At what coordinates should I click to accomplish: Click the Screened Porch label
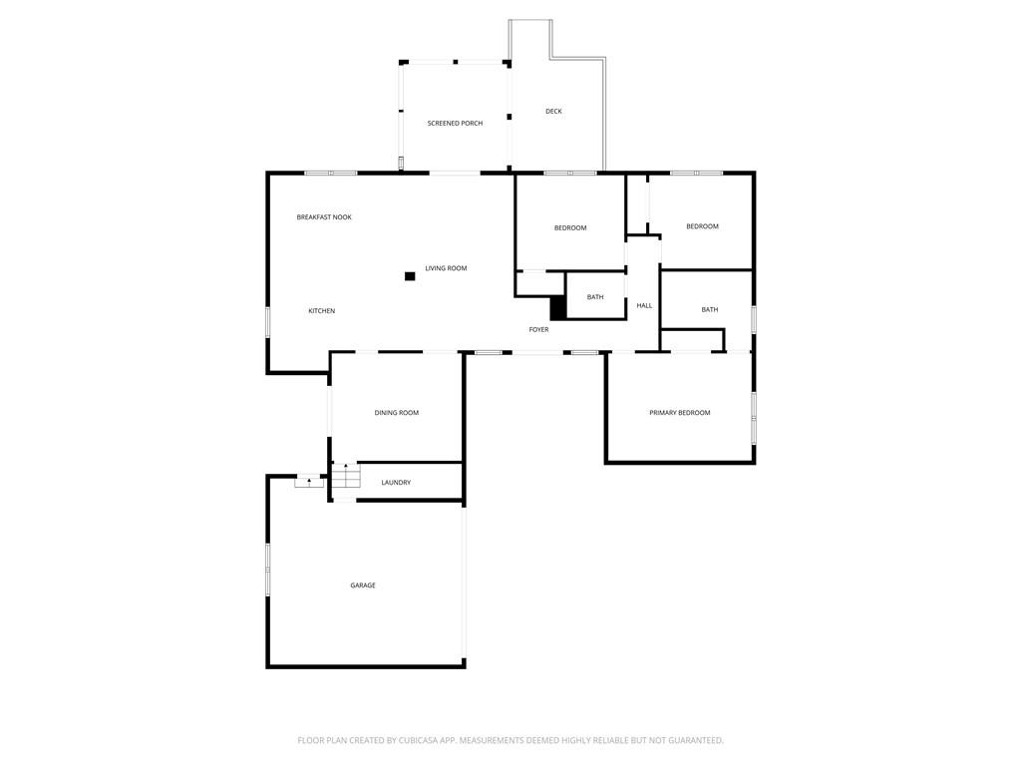[455, 123]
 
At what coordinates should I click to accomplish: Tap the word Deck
[553, 112]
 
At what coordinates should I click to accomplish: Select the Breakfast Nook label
[324, 216]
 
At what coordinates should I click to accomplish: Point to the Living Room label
[446, 268]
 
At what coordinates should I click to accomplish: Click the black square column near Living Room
[410, 276]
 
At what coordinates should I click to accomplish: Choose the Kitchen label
[322, 311]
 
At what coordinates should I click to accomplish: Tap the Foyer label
[538, 329]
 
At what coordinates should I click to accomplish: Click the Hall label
[644, 305]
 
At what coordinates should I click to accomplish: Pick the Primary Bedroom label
[680, 413]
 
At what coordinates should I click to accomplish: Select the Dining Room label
[397, 413]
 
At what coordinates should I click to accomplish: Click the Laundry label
[396, 483]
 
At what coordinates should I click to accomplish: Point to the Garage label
[363, 585]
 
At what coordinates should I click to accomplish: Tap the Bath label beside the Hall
[595, 297]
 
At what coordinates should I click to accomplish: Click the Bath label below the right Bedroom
[710, 310]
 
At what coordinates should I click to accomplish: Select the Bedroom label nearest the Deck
[570, 228]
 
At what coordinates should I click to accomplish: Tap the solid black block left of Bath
[558, 308]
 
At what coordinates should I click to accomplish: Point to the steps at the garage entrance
[309, 482]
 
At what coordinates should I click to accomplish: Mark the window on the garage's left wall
[267, 570]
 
